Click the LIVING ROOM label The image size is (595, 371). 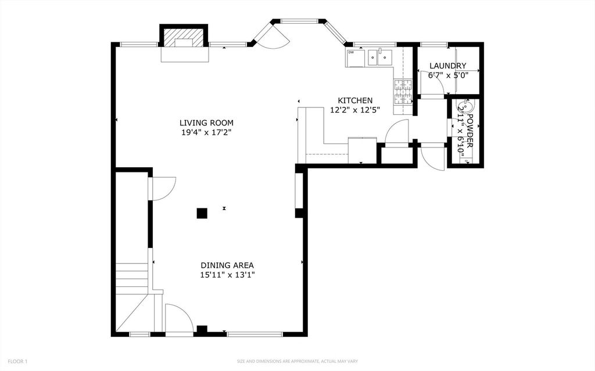(206, 123)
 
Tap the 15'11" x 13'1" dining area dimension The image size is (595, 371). (227, 275)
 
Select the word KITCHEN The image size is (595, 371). (355, 100)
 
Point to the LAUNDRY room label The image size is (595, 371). (448, 66)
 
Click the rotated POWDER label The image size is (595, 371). (469, 131)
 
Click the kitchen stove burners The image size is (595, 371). (403, 92)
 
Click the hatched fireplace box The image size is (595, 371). (184, 37)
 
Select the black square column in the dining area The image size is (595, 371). (202, 213)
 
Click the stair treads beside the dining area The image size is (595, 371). (132, 276)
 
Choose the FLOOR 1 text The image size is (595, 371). (17, 362)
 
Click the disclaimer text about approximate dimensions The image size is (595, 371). (297, 362)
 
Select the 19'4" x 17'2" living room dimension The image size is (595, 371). (206, 132)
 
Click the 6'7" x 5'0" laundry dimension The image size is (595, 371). (448, 75)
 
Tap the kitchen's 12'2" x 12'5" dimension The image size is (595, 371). (355, 110)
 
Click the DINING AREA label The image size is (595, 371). (227, 265)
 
